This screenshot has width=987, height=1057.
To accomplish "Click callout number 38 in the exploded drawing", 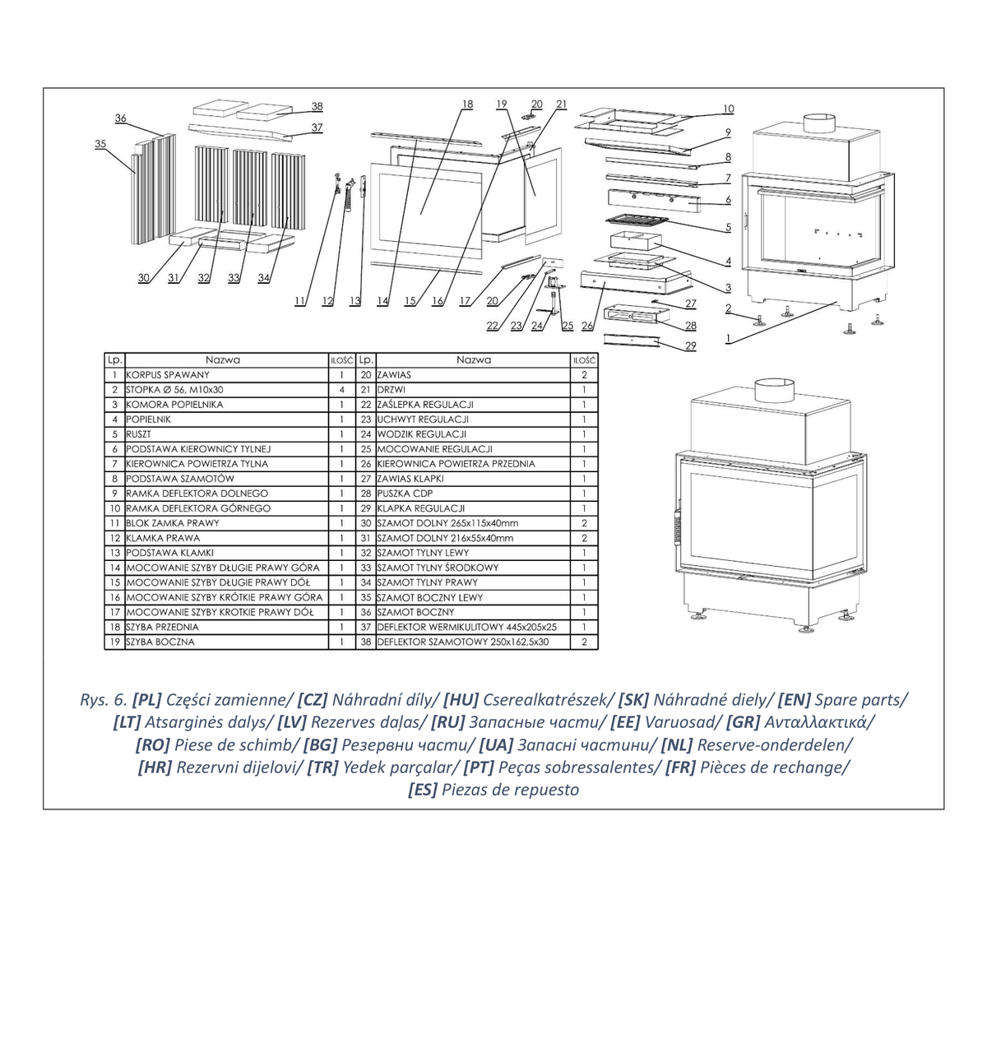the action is pos(317,106).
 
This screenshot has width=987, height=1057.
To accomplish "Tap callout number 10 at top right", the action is pos(728,109).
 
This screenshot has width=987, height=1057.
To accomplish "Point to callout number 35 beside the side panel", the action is pos(100,144).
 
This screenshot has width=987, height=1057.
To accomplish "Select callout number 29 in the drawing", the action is pos(690,346).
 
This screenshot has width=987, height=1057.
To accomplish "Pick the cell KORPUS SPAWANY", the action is pos(168,375).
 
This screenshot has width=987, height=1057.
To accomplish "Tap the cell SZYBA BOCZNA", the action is pos(160,642).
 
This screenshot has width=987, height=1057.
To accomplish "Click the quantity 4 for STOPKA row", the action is pos(342,390).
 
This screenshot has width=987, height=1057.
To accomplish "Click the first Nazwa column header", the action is pos(223,359).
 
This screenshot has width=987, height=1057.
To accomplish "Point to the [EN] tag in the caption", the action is pos(794,699).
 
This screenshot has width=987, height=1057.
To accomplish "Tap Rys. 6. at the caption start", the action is pos(104,699).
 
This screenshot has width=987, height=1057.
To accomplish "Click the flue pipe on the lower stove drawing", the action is pos(775,390).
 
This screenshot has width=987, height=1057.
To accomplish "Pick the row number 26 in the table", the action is pos(366,464).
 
